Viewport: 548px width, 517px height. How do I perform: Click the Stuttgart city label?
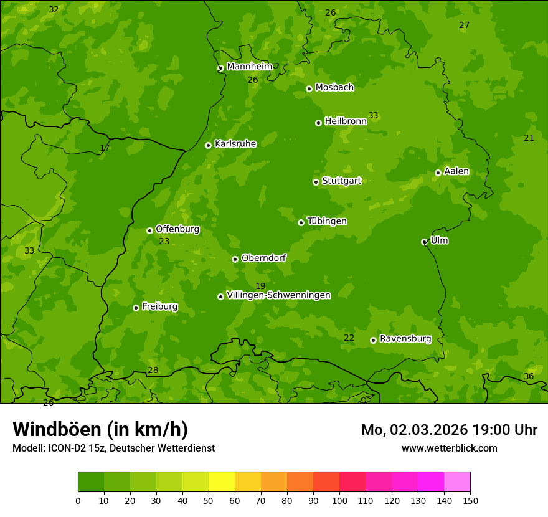341,181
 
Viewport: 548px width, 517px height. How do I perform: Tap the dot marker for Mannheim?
220,69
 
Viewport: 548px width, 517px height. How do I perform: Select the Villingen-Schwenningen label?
278,295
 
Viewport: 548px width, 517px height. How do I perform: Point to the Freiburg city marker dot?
136,308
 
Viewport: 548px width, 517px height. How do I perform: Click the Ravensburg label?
405,339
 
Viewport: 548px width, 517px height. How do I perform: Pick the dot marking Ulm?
424,242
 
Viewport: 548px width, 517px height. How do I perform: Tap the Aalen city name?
456,171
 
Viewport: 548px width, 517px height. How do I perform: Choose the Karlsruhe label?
235,143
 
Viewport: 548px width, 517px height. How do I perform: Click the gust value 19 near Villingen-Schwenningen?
260,286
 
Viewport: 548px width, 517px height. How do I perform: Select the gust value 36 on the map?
529,376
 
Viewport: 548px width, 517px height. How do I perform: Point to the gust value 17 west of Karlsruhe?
105,148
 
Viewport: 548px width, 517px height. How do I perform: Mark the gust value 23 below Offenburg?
164,241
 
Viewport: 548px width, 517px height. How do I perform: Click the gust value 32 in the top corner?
54,9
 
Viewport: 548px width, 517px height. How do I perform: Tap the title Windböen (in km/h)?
100,429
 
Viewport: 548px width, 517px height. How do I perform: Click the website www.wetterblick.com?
449,448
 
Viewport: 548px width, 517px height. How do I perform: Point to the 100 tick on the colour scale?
339,500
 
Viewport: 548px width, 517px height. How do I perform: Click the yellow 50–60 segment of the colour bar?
222,481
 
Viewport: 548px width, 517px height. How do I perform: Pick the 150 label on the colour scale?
470,500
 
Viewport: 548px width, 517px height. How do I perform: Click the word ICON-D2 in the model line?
65,448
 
